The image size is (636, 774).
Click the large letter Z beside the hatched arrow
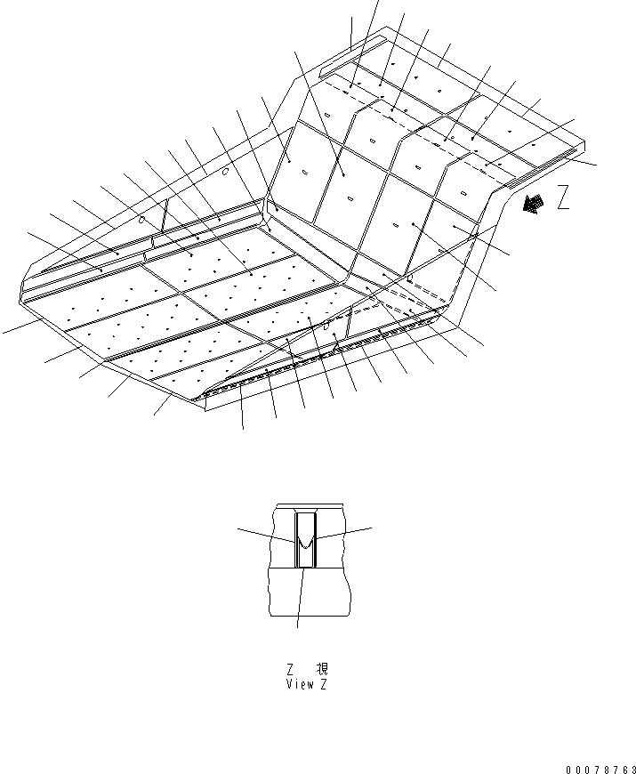[563, 197]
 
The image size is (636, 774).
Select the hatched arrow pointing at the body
[533, 204]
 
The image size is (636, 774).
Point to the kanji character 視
[322, 669]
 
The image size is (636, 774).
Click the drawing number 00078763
[601, 769]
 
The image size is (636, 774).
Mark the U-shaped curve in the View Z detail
[305, 543]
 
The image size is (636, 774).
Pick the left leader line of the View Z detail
[266, 535]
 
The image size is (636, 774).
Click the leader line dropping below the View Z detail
[300, 598]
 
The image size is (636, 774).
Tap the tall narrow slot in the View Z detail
[305, 541]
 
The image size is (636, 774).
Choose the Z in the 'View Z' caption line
[323, 684]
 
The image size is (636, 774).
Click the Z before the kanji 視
[291, 669]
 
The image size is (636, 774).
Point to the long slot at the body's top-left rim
[350, 56]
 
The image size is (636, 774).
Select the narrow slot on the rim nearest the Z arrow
[541, 168]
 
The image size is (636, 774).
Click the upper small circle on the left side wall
[225, 172]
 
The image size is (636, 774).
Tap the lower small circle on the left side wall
[141, 220]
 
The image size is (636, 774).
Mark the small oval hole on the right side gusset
[326, 326]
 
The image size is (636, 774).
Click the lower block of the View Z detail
[310, 592]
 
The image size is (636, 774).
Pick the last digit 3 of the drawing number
[632, 769]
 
